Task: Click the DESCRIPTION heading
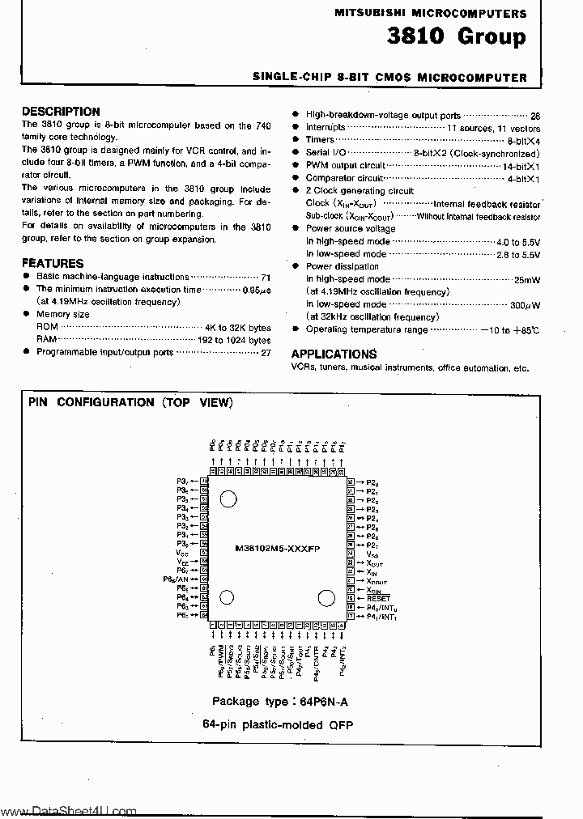point(61,112)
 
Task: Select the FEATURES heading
point(52,263)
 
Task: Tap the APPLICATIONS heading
point(334,354)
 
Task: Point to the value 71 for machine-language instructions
point(265,277)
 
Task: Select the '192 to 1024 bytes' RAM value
point(234,341)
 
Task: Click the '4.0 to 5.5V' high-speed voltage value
point(518,242)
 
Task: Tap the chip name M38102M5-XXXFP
point(278,548)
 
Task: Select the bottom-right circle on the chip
point(326,599)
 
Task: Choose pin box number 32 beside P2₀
point(351,482)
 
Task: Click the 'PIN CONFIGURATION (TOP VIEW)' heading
point(130,402)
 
